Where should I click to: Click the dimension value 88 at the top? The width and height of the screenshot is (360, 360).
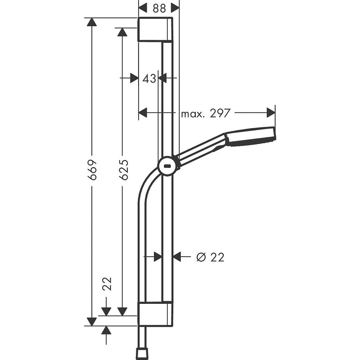(x=158, y=8)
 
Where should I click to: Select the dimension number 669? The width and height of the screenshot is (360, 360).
(x=92, y=170)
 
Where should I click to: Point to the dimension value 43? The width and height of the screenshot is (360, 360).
(x=149, y=78)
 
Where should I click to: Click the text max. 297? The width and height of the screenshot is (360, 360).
(x=206, y=113)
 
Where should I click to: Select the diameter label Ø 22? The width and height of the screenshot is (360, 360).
(x=211, y=257)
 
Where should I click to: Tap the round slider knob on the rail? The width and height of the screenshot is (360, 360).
(x=167, y=166)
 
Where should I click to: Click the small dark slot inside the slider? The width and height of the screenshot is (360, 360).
(x=168, y=166)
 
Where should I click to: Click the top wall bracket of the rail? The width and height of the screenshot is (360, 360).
(x=155, y=29)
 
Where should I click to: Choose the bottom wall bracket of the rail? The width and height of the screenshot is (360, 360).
(x=155, y=314)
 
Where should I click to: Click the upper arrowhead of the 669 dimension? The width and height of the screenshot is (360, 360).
(x=92, y=22)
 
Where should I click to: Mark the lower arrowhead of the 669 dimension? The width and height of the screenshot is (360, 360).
(x=92, y=321)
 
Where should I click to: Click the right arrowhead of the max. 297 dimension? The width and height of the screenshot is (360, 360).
(x=271, y=112)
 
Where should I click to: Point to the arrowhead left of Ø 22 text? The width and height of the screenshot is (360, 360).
(x=177, y=256)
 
